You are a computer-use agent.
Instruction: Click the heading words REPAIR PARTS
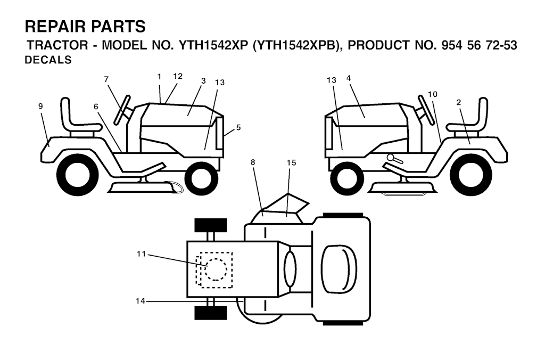(85, 27)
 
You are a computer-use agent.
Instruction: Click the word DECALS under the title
(48, 60)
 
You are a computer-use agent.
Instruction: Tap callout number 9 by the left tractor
(40, 106)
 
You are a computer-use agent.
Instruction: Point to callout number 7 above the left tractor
(106, 79)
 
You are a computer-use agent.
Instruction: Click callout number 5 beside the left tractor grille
(238, 127)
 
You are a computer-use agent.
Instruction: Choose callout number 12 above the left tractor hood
(178, 76)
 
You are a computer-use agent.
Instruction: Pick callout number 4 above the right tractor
(349, 78)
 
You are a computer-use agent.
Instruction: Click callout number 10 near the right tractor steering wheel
(432, 94)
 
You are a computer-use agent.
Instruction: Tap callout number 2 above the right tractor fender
(458, 102)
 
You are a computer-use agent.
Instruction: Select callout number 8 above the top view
(253, 162)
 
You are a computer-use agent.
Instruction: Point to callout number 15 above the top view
(291, 162)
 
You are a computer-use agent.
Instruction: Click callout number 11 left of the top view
(141, 254)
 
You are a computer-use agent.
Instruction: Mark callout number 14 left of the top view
(140, 301)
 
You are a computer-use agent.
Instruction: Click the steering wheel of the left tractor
(122, 110)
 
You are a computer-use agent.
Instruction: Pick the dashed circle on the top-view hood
(216, 269)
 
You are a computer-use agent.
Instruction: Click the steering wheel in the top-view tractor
(290, 268)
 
